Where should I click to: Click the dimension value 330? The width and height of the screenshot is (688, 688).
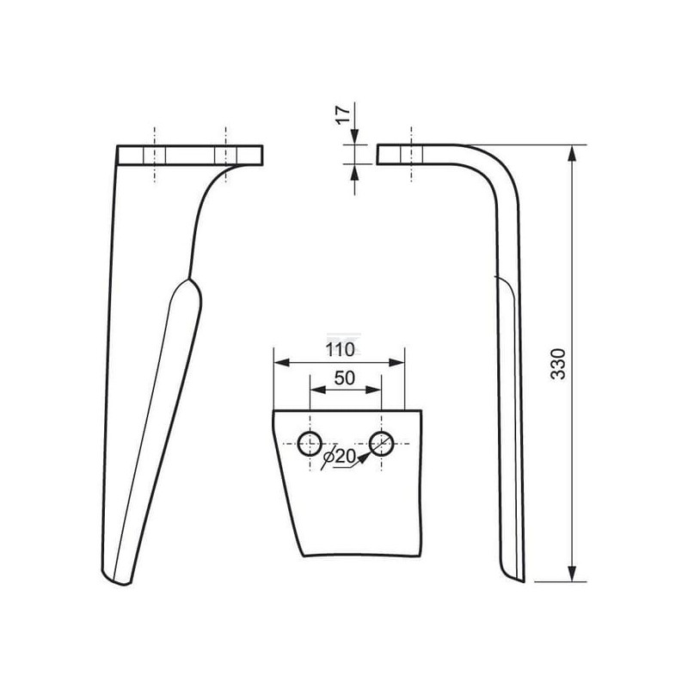click(x=558, y=364)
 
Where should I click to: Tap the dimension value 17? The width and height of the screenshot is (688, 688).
click(x=343, y=115)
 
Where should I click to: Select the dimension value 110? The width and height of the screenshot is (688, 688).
click(x=340, y=350)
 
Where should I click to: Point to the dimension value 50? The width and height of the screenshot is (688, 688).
click(x=345, y=378)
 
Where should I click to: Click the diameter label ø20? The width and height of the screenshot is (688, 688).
click(x=338, y=458)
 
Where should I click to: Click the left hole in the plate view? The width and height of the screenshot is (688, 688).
click(x=310, y=444)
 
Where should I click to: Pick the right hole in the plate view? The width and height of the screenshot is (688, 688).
click(x=381, y=444)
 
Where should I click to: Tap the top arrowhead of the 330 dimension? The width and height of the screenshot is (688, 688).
click(x=572, y=154)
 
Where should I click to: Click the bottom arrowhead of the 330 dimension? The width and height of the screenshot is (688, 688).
click(x=572, y=573)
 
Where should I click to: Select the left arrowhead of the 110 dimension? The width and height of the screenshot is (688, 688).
click(x=282, y=362)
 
